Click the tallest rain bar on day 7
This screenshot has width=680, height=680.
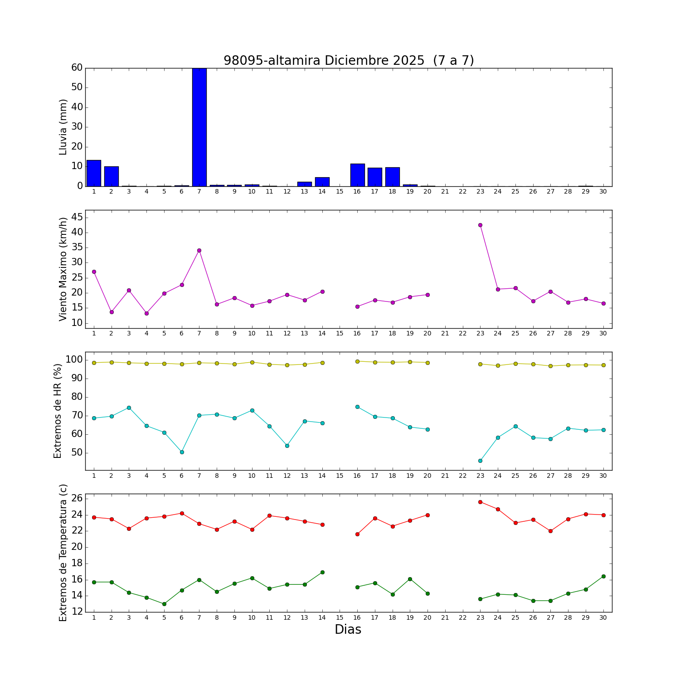point(199,127)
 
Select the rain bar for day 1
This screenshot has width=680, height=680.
point(94,173)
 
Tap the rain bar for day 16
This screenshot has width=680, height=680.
point(357,175)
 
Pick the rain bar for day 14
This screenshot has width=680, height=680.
point(322,182)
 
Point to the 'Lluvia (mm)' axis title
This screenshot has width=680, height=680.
point(63,127)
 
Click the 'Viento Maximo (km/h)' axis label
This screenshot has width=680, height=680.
point(63,269)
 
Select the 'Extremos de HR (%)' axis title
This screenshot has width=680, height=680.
point(58,411)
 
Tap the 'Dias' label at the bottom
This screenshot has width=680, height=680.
point(348,629)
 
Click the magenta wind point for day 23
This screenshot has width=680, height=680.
point(480,225)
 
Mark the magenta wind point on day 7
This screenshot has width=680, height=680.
point(199,250)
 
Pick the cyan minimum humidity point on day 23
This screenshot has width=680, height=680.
point(480,461)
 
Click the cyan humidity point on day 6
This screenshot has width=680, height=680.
point(182,452)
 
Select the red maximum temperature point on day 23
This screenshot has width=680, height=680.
point(480,502)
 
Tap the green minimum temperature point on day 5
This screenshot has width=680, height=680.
point(164,604)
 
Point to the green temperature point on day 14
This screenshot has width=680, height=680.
point(322,572)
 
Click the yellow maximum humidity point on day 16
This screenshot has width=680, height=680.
point(357,361)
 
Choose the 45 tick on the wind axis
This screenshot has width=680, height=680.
point(77,218)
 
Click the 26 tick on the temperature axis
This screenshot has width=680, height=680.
point(77,498)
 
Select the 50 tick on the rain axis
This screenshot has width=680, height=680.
point(77,87)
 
